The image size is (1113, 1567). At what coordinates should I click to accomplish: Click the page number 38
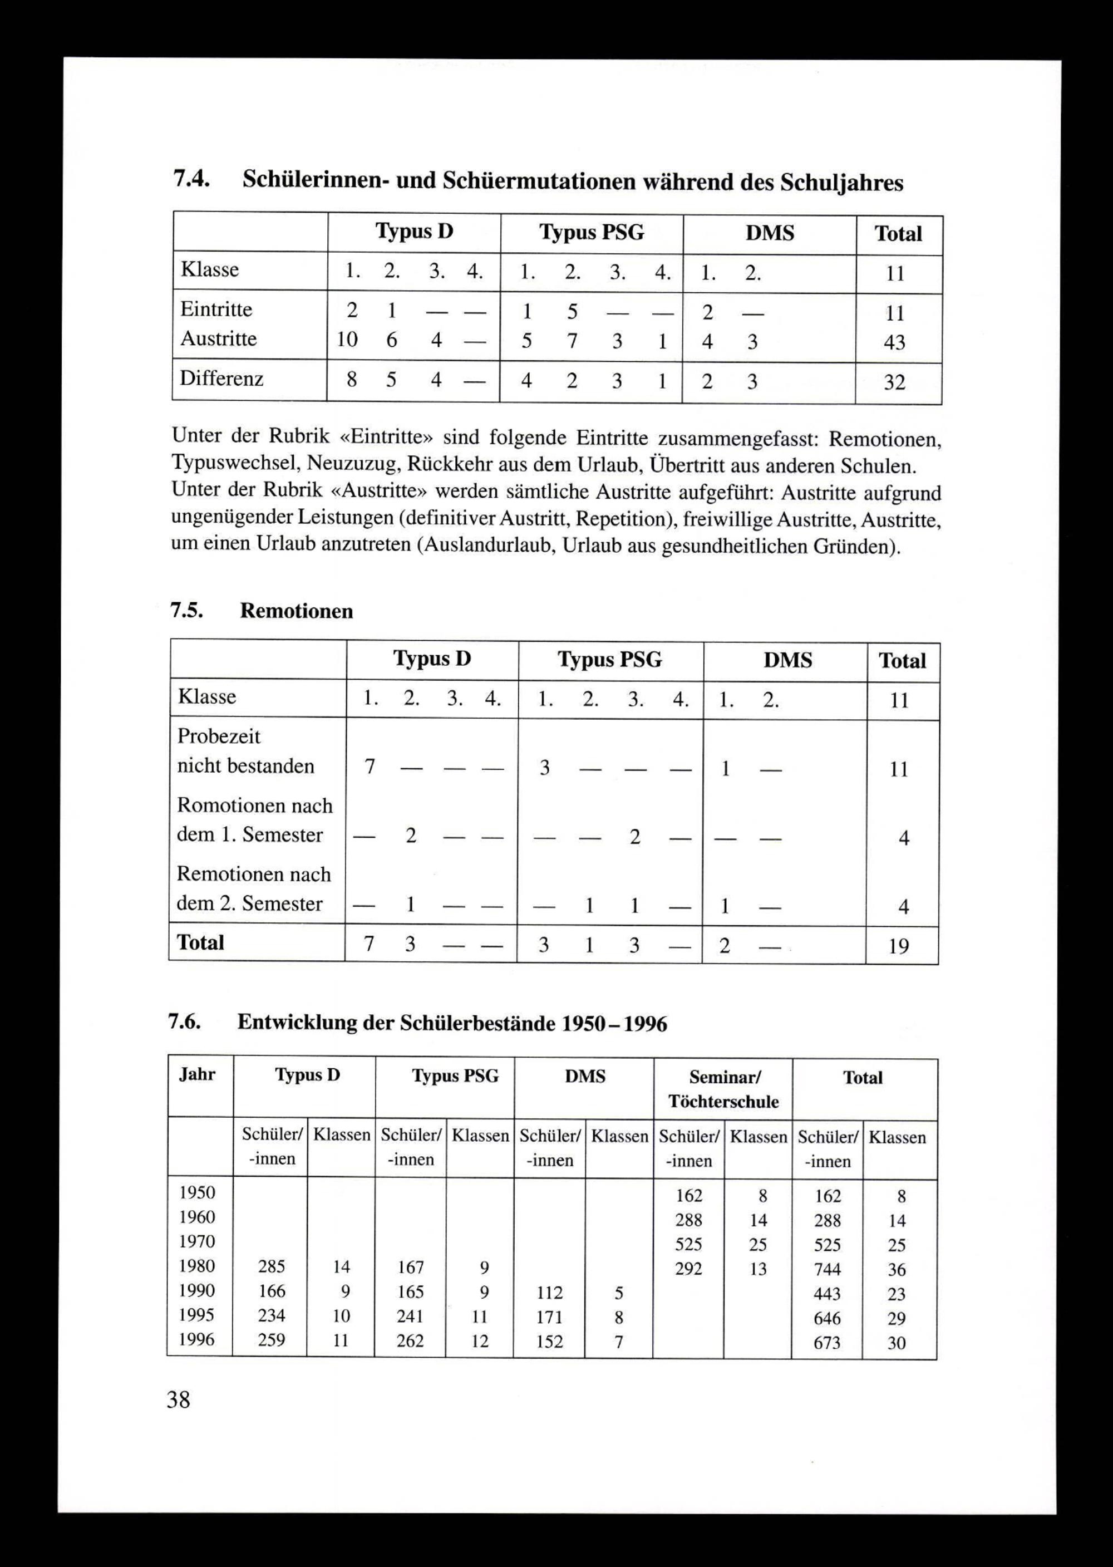tap(178, 1399)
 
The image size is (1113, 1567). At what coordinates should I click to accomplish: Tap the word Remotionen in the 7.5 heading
tap(296, 611)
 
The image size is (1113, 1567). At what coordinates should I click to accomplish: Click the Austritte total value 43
tap(894, 342)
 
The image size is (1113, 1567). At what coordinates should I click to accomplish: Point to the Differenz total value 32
tap(894, 382)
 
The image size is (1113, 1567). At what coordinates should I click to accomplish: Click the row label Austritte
tap(218, 338)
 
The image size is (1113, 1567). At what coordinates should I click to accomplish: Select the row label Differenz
tap(221, 379)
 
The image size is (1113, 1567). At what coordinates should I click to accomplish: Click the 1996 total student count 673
tap(826, 1343)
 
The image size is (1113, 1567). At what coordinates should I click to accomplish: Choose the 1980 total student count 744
tap(827, 1270)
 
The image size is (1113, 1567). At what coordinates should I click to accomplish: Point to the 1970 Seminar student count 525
tap(689, 1244)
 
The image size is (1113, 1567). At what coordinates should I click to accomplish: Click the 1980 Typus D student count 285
tap(272, 1267)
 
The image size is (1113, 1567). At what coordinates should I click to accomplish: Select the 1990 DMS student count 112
tap(549, 1293)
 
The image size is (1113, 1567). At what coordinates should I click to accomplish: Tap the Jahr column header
tap(198, 1074)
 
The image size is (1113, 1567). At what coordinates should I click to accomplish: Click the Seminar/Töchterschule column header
tap(723, 1088)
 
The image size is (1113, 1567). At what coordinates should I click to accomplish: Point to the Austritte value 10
tap(347, 340)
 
